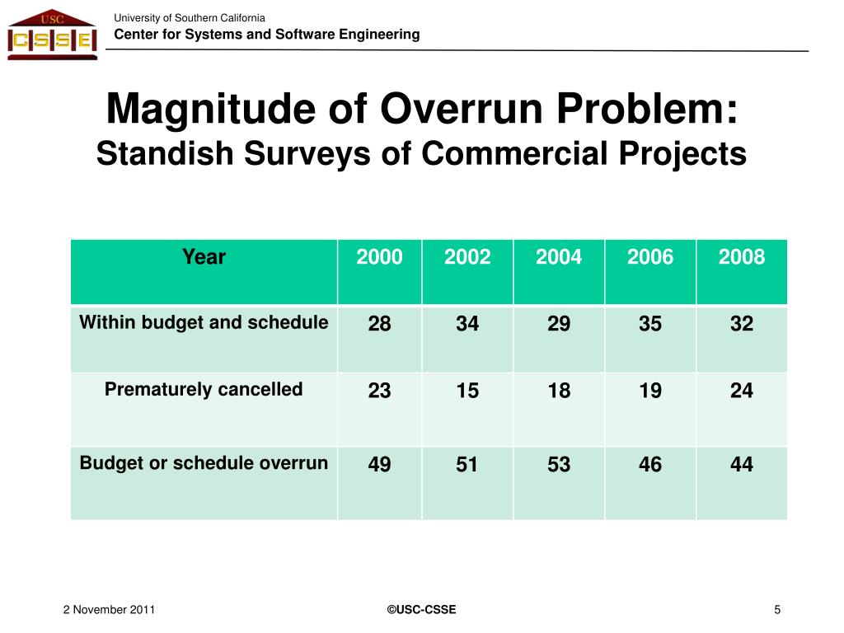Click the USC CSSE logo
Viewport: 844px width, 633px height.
click(x=52, y=35)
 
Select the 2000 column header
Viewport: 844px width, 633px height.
click(x=379, y=257)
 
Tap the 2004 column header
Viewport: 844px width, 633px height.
click(x=559, y=257)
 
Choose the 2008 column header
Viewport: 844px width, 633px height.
click(x=742, y=257)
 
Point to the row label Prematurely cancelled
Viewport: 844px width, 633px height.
click(x=204, y=389)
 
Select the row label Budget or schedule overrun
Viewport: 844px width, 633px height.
click(x=204, y=463)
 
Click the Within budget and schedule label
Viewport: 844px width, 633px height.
click(x=204, y=322)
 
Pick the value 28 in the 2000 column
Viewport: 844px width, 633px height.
click(x=379, y=323)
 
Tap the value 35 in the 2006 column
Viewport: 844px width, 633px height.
click(x=650, y=323)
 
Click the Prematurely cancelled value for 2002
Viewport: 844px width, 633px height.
click(x=467, y=390)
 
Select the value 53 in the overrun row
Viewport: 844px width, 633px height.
click(x=559, y=464)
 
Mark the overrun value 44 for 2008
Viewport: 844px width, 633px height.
click(x=742, y=464)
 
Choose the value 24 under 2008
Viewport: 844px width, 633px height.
click(x=742, y=390)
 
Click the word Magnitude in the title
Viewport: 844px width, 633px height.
click(x=210, y=110)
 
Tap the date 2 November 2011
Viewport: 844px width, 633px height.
click(x=109, y=609)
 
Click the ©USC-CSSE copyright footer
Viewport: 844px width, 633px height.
click(x=421, y=609)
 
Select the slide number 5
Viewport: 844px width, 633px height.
click(x=777, y=609)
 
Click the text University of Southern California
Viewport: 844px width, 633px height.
click(x=190, y=18)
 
